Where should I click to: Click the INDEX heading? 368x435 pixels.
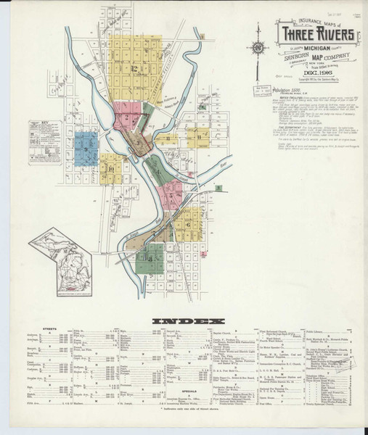point(183,320)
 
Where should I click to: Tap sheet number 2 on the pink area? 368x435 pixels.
point(128,116)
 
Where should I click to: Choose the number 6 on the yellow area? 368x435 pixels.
point(188,224)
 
